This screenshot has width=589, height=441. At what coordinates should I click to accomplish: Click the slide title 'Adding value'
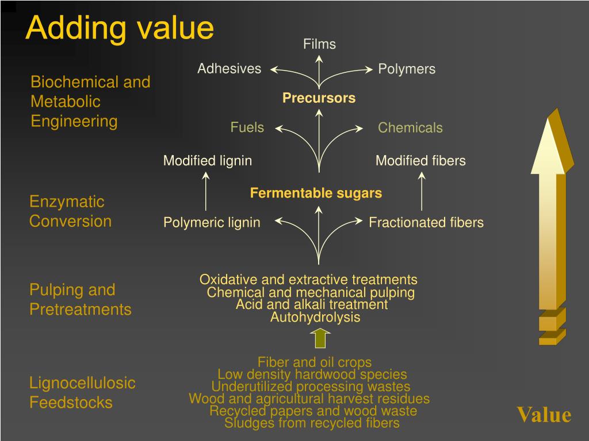coord(120,28)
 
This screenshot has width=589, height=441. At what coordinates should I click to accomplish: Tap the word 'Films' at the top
coord(319,44)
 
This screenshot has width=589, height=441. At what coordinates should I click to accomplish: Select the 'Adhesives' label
coord(229,69)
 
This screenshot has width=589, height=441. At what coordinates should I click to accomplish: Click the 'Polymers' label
coord(407,69)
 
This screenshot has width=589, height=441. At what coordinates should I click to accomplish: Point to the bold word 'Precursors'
coord(319,98)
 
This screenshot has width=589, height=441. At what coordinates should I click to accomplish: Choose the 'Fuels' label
coord(247,127)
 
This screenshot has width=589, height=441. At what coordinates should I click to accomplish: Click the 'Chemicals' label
coord(410,128)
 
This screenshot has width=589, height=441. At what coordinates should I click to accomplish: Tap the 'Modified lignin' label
coord(207,161)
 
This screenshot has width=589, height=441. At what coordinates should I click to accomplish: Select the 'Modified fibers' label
coord(420,161)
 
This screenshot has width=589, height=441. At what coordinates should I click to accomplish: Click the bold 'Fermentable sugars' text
coord(316,194)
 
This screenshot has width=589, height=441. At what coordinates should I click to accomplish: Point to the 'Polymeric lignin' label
coord(212,223)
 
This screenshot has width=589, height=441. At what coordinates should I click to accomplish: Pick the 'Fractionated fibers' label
coord(426,223)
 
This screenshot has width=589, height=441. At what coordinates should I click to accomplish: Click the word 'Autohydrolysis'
coord(315,318)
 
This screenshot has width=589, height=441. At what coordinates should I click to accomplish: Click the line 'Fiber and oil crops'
coord(315,362)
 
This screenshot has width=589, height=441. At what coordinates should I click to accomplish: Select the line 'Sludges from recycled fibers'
coord(312,424)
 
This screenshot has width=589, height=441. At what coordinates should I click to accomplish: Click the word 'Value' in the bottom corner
coord(544,415)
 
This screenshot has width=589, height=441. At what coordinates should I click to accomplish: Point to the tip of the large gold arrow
coord(551,113)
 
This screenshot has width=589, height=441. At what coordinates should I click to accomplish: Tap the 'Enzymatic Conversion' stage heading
coord(70,211)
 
